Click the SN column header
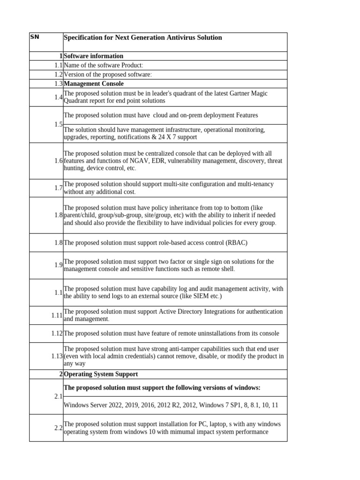point(35,37)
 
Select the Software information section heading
point(93,56)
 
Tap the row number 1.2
point(58,75)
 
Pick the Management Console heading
point(94,84)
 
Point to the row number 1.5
point(58,124)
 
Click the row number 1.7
point(58,187)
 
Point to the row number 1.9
point(58,265)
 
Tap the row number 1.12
point(57,333)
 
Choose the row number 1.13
point(57,356)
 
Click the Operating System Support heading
point(101,375)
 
